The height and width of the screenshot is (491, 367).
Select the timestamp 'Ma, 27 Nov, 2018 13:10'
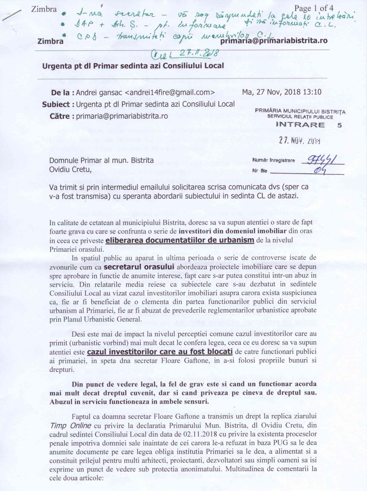(282, 92)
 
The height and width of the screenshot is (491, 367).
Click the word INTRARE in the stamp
(300, 125)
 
